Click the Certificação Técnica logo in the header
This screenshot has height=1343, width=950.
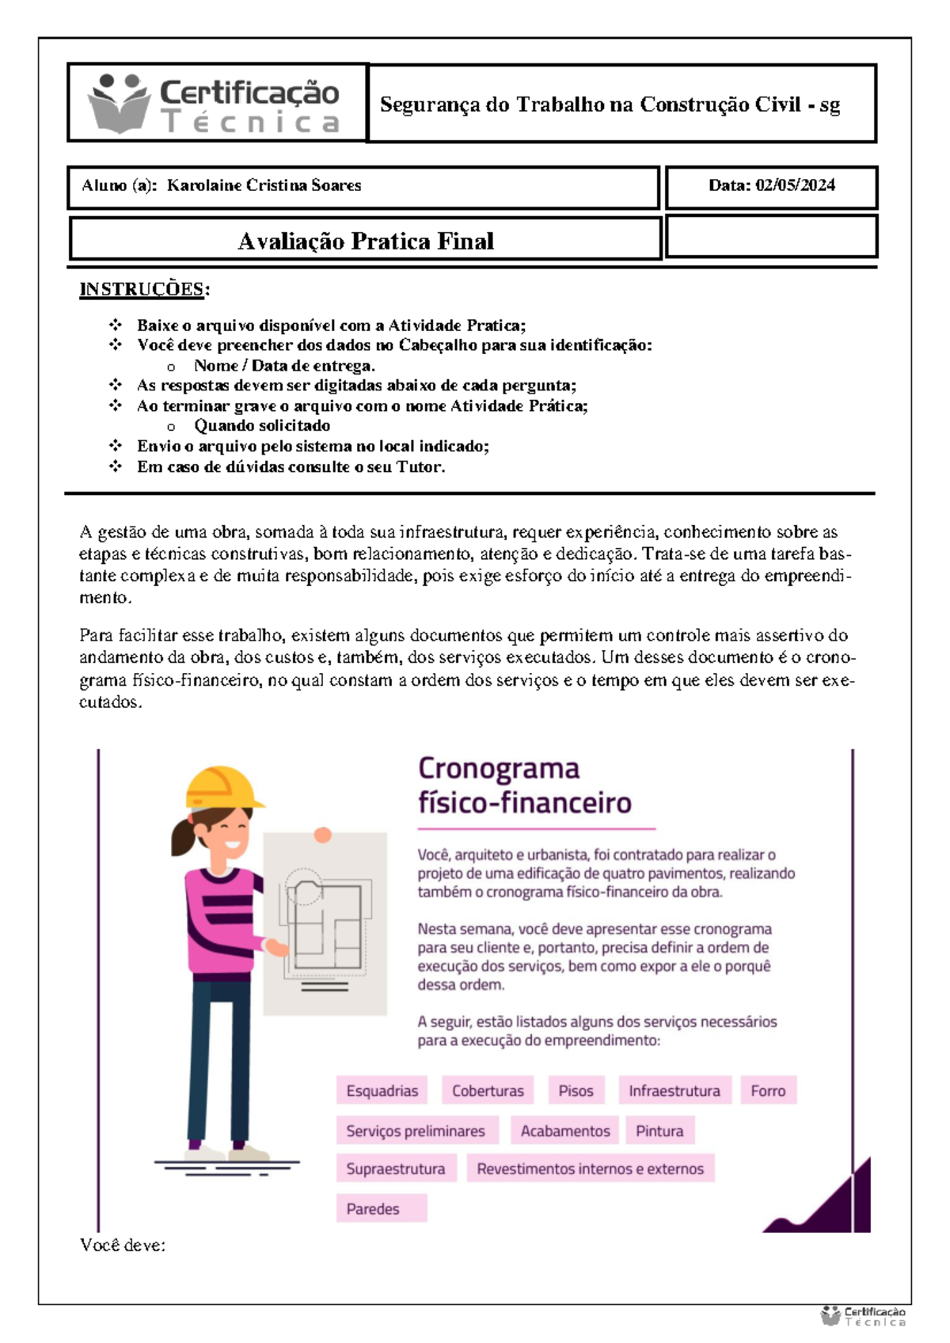click(215, 104)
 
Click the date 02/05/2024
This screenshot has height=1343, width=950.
click(795, 185)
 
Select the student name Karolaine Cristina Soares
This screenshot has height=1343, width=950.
click(264, 185)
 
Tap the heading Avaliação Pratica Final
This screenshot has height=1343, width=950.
click(366, 241)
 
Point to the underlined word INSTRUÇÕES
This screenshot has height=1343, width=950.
click(142, 289)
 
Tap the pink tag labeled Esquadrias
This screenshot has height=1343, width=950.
click(382, 1090)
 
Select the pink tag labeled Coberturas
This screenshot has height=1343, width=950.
click(488, 1090)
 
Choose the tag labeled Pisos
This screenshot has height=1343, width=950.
click(576, 1090)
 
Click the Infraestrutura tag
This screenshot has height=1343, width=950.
click(674, 1090)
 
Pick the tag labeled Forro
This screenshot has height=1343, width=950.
click(768, 1090)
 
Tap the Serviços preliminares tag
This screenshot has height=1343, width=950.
click(416, 1131)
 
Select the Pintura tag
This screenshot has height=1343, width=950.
click(659, 1131)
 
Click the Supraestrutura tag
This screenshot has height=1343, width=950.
click(395, 1169)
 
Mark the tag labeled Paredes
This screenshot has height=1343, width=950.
click(373, 1208)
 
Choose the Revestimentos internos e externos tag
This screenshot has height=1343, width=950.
click(590, 1169)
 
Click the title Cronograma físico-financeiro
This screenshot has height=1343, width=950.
click(524, 786)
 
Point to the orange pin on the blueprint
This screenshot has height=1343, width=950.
click(322, 835)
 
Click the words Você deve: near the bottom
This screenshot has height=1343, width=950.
click(123, 1245)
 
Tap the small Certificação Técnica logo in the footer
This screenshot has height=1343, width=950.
click(863, 1316)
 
